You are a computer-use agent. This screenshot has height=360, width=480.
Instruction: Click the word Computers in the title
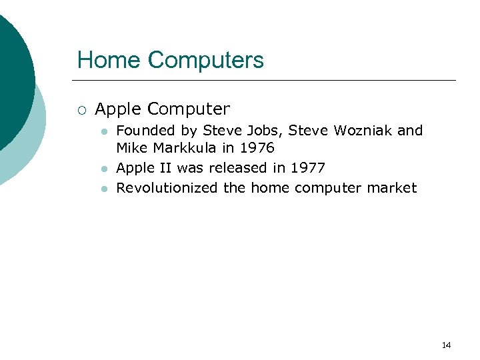206,60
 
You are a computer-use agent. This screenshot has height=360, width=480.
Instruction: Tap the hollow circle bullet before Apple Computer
81,109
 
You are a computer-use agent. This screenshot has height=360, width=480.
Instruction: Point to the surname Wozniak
360,131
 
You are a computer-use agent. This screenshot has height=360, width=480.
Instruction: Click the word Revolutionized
167,188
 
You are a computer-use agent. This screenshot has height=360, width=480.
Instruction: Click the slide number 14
446,345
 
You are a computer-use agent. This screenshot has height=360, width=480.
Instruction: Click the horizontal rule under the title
267,81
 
